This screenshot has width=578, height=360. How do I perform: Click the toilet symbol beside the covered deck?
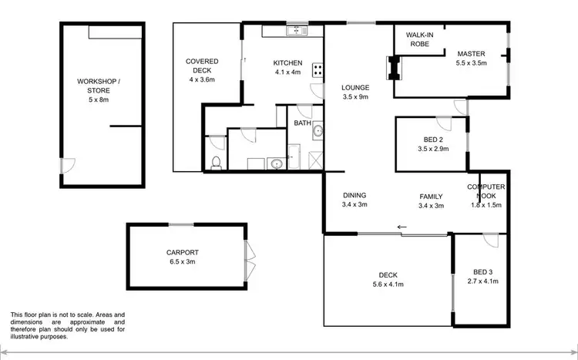[x=217, y=162]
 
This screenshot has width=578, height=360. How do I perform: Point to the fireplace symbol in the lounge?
[x=393, y=68]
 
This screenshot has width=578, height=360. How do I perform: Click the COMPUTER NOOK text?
[x=486, y=191]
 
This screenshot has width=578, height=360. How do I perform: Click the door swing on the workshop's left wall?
[x=69, y=165]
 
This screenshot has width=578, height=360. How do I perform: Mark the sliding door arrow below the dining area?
[x=402, y=227]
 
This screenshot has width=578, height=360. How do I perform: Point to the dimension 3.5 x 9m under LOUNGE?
[x=356, y=97]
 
